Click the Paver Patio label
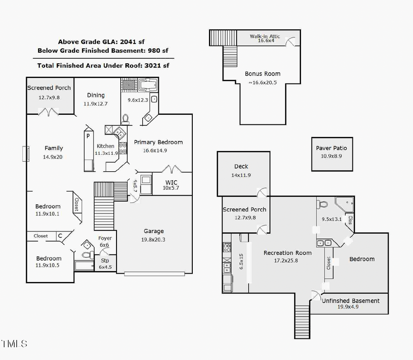click(x=331, y=148)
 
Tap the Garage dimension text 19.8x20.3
click(x=153, y=239)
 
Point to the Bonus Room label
click(x=262, y=73)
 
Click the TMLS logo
click(x=14, y=343)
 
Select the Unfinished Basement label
click(x=351, y=301)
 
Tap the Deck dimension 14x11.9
click(x=241, y=175)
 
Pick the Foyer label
click(x=105, y=238)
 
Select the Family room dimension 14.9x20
click(x=53, y=157)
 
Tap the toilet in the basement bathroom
click(x=323, y=204)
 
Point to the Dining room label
click(x=96, y=95)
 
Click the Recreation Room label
click(x=287, y=253)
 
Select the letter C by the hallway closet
click(x=60, y=236)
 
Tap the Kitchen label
click(x=105, y=146)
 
